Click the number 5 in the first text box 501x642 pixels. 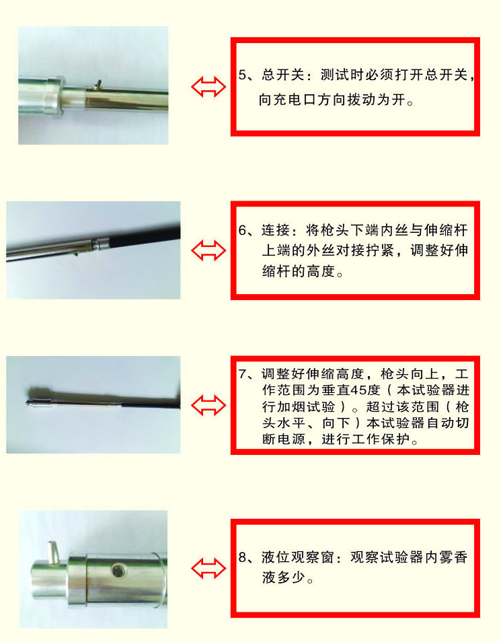click(243, 75)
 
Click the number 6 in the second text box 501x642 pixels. click(243, 230)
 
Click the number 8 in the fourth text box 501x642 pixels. click(243, 557)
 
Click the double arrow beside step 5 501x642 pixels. click(207, 86)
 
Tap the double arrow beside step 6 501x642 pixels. click(207, 250)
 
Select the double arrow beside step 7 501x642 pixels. click(207, 405)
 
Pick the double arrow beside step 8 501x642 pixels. click(207, 568)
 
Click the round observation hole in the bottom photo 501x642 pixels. click(118, 571)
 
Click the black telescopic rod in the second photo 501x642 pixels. click(145, 238)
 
